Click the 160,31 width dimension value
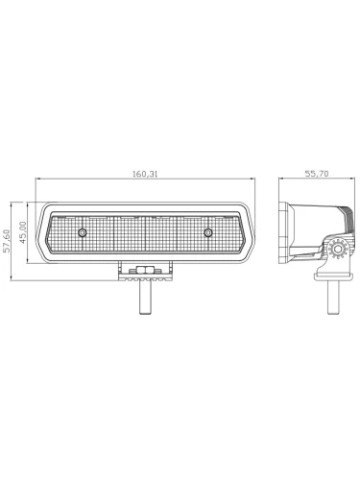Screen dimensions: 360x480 coord(145,174)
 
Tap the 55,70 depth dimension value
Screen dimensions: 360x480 coord(317,174)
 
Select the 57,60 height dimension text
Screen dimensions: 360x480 coord(7,241)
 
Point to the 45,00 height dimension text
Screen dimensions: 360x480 coord(22,232)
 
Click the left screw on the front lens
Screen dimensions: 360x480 coord(83,232)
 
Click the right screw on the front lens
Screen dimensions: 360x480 coord(208,232)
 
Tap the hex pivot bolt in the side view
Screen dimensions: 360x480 coord(337,250)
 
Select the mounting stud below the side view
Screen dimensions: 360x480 coord(333,298)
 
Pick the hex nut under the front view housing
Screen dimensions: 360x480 coord(145,270)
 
